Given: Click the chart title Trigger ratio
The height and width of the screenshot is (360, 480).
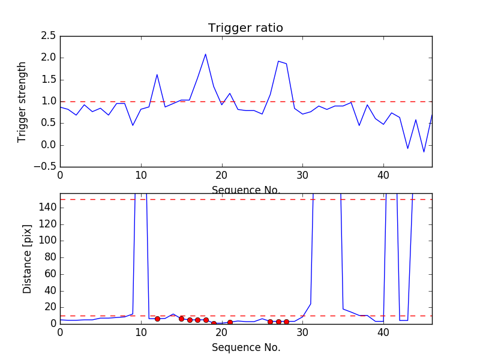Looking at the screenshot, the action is pyautogui.click(x=245, y=28).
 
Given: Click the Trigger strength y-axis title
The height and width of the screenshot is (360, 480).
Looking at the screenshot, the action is pyautogui.click(x=22, y=102).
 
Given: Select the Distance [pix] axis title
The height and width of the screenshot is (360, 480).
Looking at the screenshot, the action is pyautogui.click(x=27, y=259).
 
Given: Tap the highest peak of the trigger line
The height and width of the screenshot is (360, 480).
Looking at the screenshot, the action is pyautogui.click(x=205, y=54).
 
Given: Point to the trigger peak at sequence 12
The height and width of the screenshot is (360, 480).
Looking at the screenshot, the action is pyautogui.click(x=157, y=74).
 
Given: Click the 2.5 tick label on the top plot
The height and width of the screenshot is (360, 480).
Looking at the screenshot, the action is pyautogui.click(x=49, y=36).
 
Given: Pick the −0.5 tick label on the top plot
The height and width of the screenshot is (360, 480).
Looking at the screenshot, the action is pyautogui.click(x=45, y=167).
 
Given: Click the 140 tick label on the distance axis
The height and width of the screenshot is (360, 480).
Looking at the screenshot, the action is pyautogui.click(x=48, y=208).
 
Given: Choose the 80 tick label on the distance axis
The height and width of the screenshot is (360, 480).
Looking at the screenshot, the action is pyautogui.click(x=50, y=257).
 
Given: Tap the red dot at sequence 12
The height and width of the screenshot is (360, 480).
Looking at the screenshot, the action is pyautogui.click(x=157, y=319).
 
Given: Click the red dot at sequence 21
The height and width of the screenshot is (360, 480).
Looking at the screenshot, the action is pyautogui.click(x=230, y=322).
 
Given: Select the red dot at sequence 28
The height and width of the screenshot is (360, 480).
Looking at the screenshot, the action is pyautogui.click(x=286, y=322).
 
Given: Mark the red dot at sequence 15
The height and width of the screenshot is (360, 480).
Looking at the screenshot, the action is pyautogui.click(x=182, y=319).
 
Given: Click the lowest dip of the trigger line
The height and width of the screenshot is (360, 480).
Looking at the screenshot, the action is pyautogui.click(x=424, y=152).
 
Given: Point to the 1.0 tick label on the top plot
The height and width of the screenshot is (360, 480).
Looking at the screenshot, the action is pyautogui.click(x=49, y=101).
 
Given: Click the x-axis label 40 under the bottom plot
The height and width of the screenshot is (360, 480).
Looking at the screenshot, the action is pyautogui.click(x=383, y=333).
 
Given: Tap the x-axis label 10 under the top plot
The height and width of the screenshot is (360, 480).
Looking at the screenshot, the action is pyautogui.click(x=141, y=175).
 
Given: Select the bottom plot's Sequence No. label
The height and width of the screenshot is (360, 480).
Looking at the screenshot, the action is pyautogui.click(x=246, y=348).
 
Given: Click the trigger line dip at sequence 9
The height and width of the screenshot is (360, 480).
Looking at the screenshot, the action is pyautogui.click(x=133, y=125).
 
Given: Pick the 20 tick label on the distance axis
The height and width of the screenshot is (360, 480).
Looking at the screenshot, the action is pyautogui.click(x=50, y=307).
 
